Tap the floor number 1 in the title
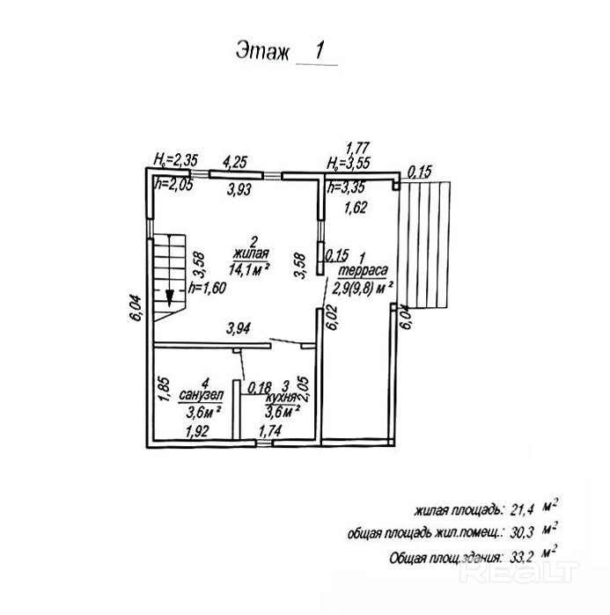tap(320, 50)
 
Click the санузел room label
tap(203, 395)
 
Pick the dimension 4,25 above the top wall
tap(235, 161)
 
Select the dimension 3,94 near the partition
tap(238, 329)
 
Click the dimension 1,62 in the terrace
tap(356, 209)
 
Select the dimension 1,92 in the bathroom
tap(197, 431)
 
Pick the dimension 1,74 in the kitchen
tap(271, 431)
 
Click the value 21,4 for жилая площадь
tap(521, 509)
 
